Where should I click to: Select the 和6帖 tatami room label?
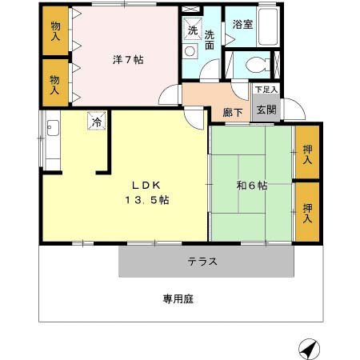[x=251, y=186]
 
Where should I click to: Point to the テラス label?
[x=203, y=261]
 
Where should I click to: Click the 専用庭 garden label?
[x=178, y=299]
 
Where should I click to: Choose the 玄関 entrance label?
[x=266, y=110]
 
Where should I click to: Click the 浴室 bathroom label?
[x=243, y=25]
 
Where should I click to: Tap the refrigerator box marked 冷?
[x=96, y=122]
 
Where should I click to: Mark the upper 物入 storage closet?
[x=55, y=31]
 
